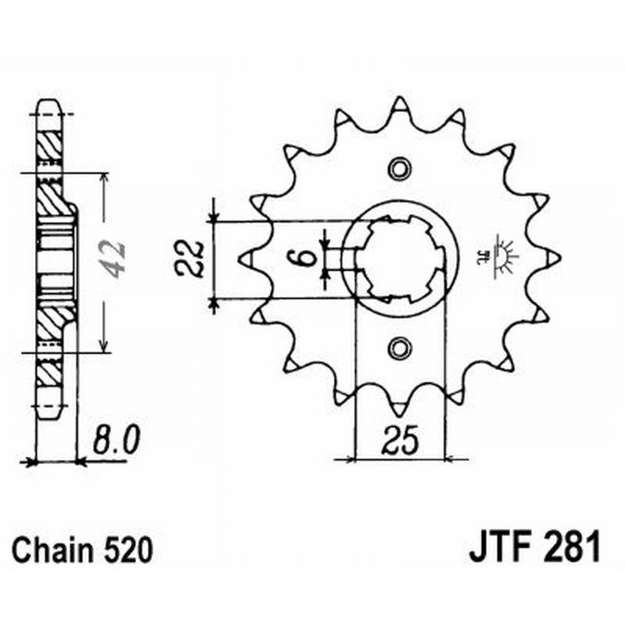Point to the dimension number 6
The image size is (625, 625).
pyautogui.click(x=308, y=257)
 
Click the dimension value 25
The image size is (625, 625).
pyautogui.click(x=399, y=441)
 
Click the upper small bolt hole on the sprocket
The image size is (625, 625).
pyautogui.click(x=399, y=168)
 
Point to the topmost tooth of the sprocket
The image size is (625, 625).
pyautogui.click(x=399, y=104)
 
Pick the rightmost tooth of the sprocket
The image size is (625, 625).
pyautogui.click(x=553, y=257)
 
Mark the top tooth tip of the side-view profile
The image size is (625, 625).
pyautogui.click(x=48, y=105)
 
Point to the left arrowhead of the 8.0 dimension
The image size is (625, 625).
pyautogui.click(x=32, y=462)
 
